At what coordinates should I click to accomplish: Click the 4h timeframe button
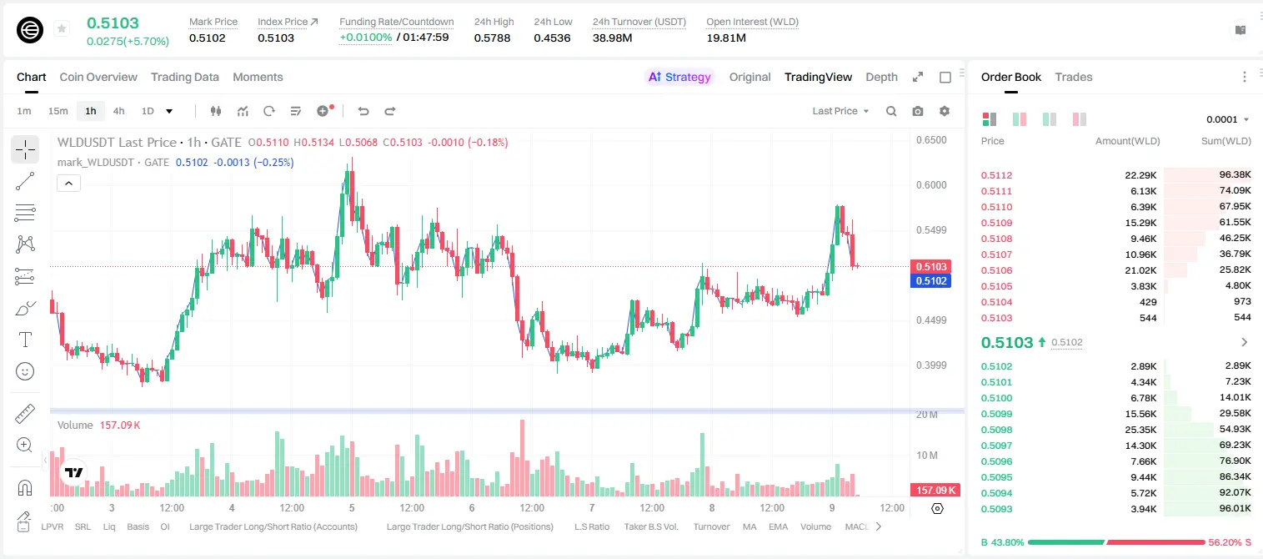pyautogui.click(x=118, y=111)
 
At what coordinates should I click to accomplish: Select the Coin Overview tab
pyautogui.click(x=98, y=77)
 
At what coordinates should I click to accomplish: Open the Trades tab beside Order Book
pyautogui.click(x=1074, y=77)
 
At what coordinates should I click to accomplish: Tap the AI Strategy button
pyautogui.click(x=679, y=77)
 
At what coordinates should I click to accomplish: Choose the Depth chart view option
pyautogui.click(x=881, y=77)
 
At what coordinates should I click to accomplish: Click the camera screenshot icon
pyautogui.click(x=918, y=111)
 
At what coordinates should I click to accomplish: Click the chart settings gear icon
pyautogui.click(x=945, y=111)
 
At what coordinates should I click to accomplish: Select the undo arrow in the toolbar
pyautogui.click(x=363, y=111)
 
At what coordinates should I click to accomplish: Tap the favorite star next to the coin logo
pyautogui.click(x=62, y=28)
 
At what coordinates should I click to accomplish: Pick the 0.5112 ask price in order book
pyautogui.click(x=996, y=175)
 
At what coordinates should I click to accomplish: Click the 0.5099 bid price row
pyautogui.click(x=996, y=414)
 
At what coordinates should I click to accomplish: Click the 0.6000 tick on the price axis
pyautogui.click(x=931, y=185)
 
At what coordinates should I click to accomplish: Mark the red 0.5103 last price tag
pyautogui.click(x=931, y=266)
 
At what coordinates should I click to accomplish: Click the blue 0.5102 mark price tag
pyautogui.click(x=931, y=281)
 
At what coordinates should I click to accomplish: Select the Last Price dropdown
pyautogui.click(x=840, y=111)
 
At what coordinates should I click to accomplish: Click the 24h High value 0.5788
pyautogui.click(x=492, y=38)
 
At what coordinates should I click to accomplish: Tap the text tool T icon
pyautogui.click(x=25, y=340)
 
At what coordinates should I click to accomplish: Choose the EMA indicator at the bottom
pyautogui.click(x=778, y=526)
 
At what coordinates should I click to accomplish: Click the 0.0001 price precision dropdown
pyautogui.click(x=1227, y=119)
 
